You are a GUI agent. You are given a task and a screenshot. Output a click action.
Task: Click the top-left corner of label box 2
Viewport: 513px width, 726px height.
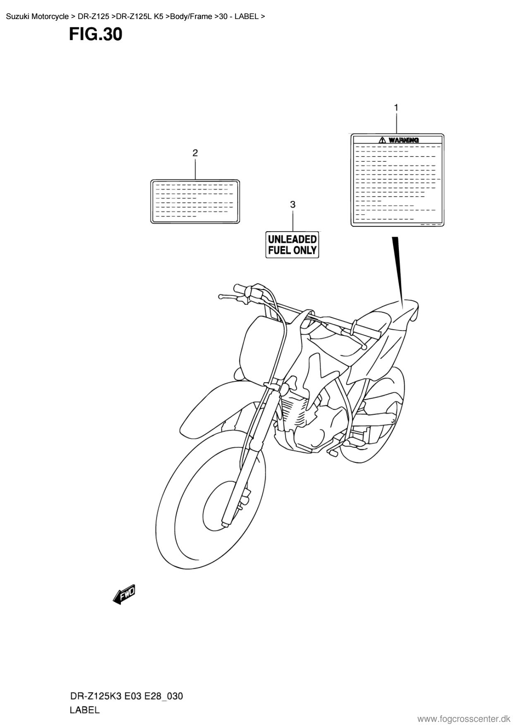(x=151, y=180)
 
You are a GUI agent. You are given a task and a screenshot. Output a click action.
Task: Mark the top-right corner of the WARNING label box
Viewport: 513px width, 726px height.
(x=443, y=134)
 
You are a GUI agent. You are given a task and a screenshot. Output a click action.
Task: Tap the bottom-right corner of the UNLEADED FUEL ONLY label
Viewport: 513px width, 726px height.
(x=319, y=257)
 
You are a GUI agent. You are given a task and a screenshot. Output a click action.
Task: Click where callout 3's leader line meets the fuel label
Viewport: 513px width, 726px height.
(x=292, y=231)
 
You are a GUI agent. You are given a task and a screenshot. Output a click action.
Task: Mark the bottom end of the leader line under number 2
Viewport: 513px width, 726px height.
(x=195, y=179)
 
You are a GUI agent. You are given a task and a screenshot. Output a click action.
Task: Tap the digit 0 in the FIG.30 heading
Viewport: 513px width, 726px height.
(x=117, y=35)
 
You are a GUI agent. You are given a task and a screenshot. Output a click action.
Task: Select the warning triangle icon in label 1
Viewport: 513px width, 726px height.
(x=383, y=140)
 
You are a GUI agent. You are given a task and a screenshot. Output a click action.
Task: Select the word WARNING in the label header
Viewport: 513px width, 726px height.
(x=404, y=140)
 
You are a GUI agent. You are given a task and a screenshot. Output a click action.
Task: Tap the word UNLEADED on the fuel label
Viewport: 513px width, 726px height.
(x=292, y=239)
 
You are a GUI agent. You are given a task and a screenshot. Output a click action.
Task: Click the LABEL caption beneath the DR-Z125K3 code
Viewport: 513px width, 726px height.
(x=85, y=710)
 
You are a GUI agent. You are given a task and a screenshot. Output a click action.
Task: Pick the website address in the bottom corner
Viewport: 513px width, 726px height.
(x=464, y=719)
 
